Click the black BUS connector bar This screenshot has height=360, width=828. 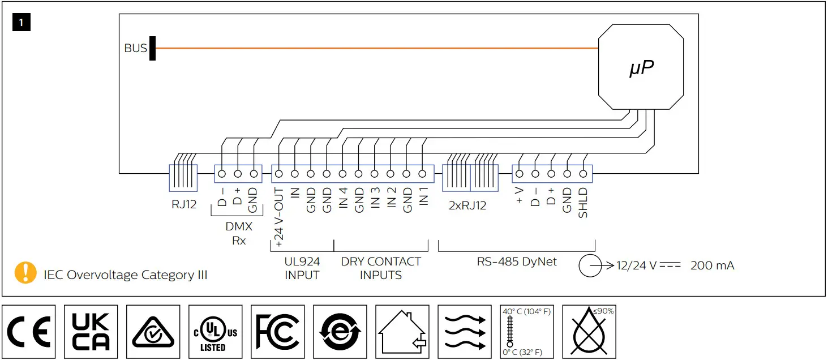pyautogui.click(x=152, y=48)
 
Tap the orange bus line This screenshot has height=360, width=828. pyautogui.click(x=374, y=48)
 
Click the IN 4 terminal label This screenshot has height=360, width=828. pyautogui.click(x=343, y=200)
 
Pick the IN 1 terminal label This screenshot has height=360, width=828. pyautogui.click(x=423, y=200)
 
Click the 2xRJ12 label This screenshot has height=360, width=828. pyautogui.click(x=467, y=205)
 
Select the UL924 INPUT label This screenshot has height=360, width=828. pyautogui.click(x=302, y=268)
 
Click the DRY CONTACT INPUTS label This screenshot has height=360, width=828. pyautogui.click(x=381, y=268)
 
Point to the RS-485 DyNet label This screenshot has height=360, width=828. pyautogui.click(x=516, y=262)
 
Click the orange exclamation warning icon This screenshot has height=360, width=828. pyautogui.click(x=25, y=273)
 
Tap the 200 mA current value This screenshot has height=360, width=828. pyautogui.click(x=712, y=265)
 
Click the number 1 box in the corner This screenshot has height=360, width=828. pyautogui.click(x=21, y=23)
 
